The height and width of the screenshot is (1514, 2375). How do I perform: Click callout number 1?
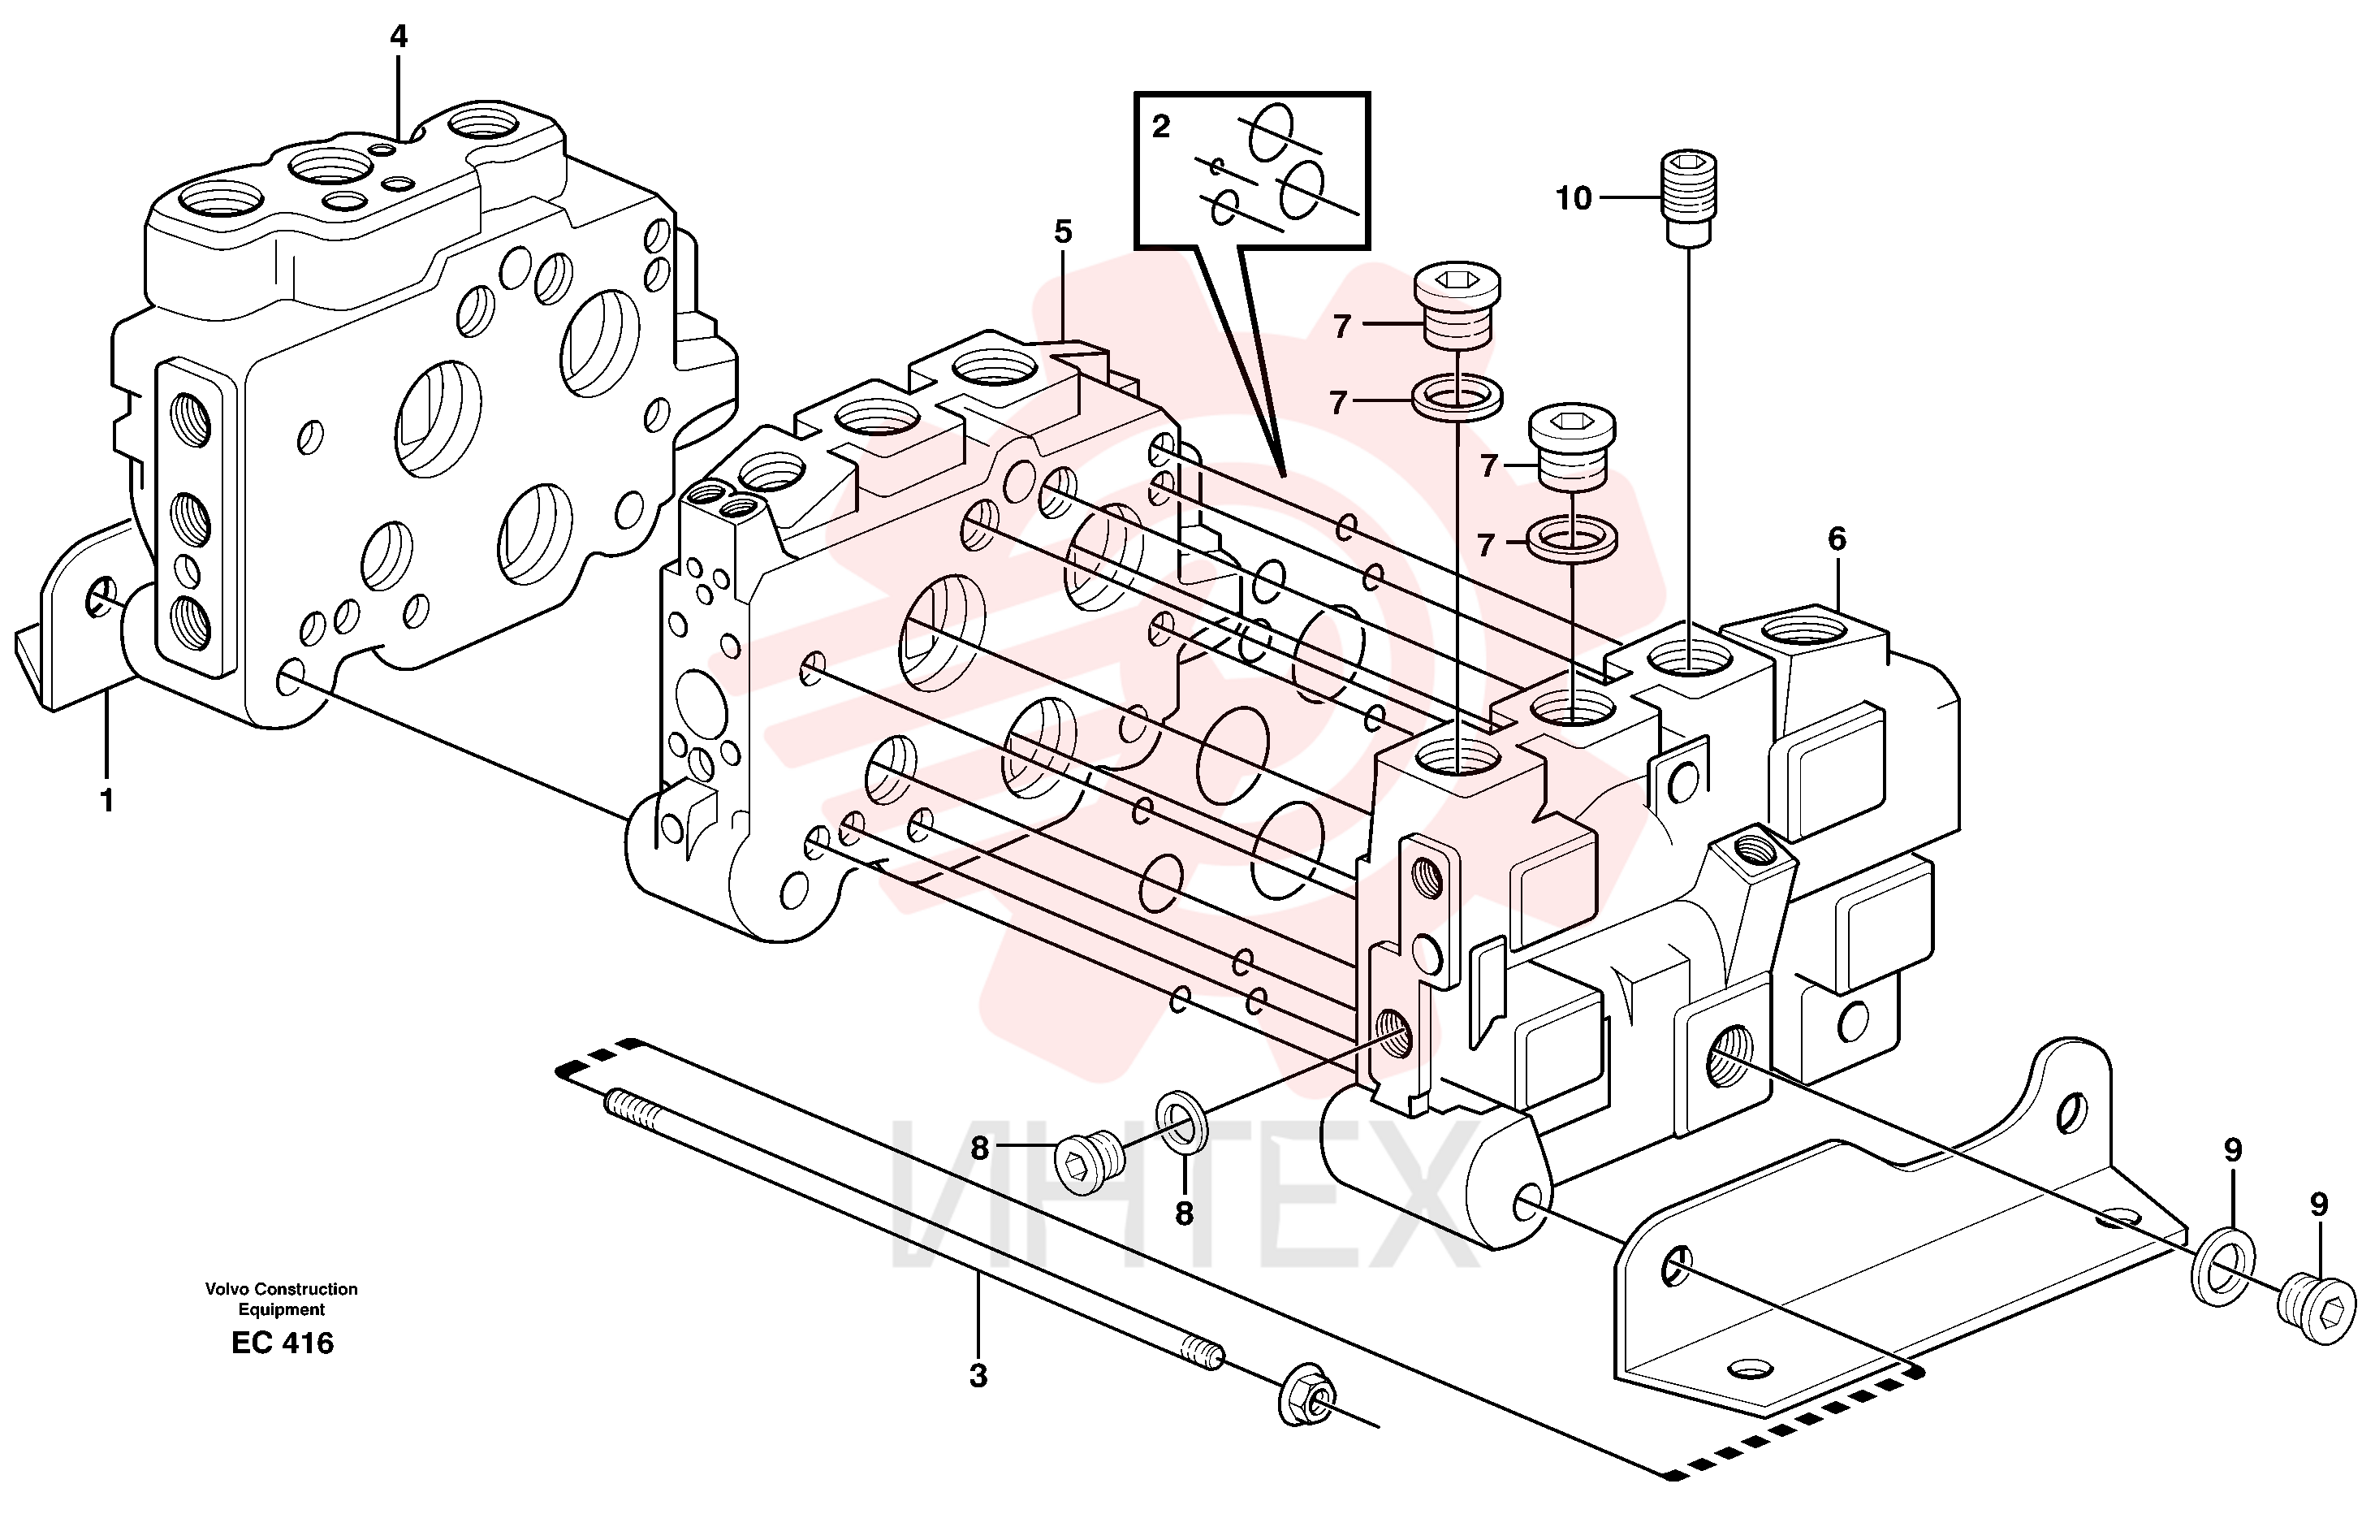[x=106, y=801]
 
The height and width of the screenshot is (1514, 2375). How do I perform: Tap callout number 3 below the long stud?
[x=978, y=1376]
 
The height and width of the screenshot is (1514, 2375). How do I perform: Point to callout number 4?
[x=399, y=37]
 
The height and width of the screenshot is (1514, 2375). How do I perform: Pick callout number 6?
[x=1837, y=539]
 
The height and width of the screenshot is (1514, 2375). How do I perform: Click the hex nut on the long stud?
[x=1308, y=1395]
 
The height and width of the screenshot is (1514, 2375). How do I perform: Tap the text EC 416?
[x=283, y=1343]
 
